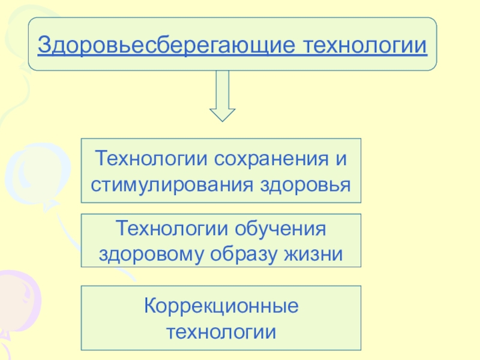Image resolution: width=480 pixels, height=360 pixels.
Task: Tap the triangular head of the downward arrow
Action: click(222, 114)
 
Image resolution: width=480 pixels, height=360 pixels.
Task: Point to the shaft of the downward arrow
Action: click(222, 89)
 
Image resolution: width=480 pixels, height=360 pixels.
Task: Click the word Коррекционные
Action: click(221, 306)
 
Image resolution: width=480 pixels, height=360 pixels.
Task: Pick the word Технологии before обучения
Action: click(170, 229)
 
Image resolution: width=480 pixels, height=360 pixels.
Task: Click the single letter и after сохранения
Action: click(341, 160)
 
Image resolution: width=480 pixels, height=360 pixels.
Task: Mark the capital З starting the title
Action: click(43, 45)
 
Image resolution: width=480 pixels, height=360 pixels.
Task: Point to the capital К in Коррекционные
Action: click(149, 306)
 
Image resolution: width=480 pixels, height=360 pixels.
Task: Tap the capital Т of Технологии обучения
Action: click(122, 229)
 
